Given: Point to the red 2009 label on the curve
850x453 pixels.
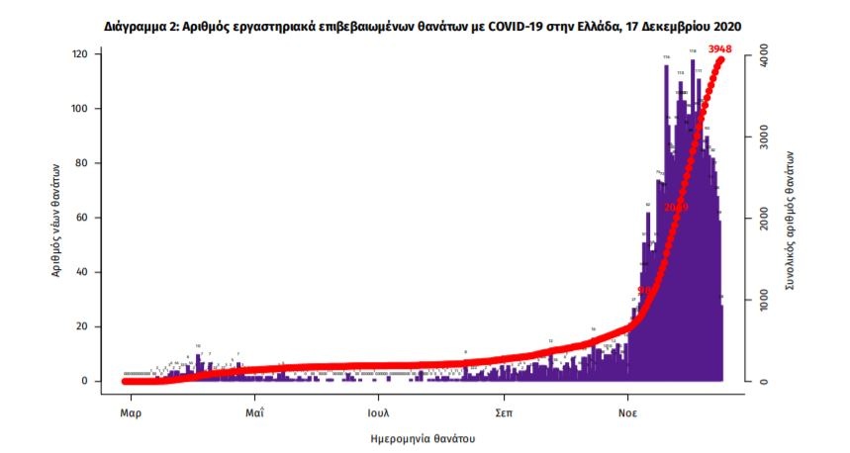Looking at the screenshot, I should tap(676, 207).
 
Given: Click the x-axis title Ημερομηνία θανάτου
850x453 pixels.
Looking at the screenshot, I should tap(425, 435).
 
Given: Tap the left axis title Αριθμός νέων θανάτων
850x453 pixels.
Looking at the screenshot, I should tap(58, 218).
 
